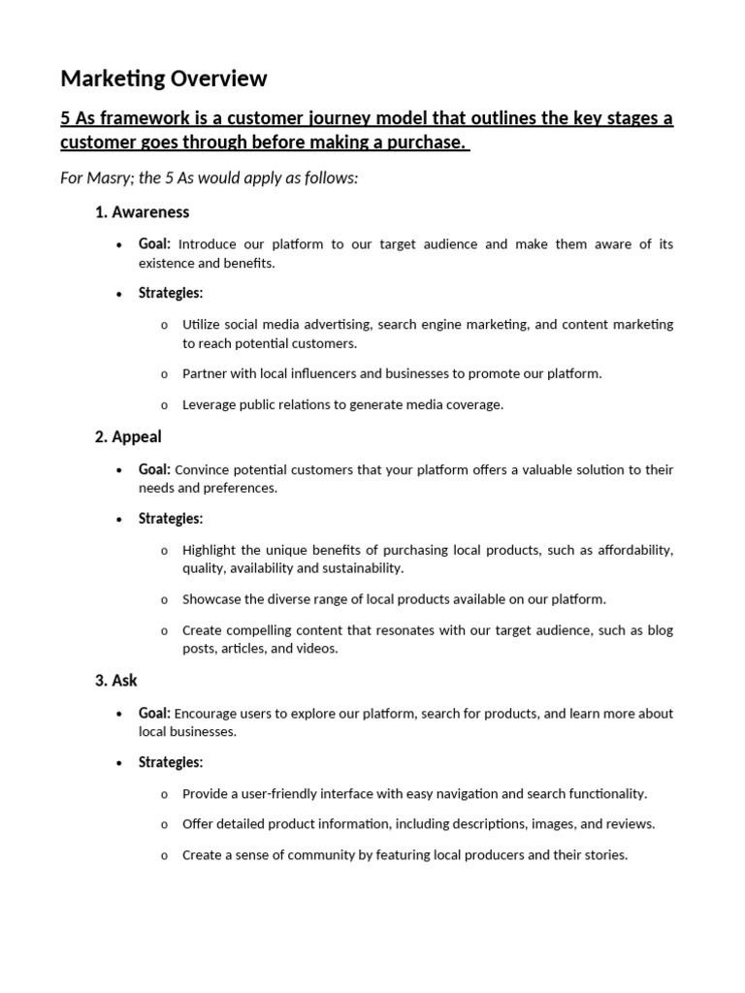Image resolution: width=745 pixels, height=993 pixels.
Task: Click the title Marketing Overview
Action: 163,78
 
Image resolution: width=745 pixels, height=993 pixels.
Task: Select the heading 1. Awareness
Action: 142,211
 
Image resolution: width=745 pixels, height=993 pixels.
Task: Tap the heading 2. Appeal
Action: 128,436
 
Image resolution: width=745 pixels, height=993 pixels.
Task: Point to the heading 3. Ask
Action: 116,680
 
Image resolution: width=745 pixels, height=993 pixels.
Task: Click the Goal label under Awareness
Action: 154,244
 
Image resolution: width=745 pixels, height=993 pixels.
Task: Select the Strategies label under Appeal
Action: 171,519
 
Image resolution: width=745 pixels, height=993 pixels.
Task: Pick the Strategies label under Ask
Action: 171,762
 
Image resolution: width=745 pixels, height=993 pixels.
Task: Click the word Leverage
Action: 211,404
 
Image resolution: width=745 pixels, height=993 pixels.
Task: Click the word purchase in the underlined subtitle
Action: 429,143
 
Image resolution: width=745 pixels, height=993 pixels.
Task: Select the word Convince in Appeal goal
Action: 203,470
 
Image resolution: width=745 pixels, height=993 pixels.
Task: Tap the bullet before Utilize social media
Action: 164,325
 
